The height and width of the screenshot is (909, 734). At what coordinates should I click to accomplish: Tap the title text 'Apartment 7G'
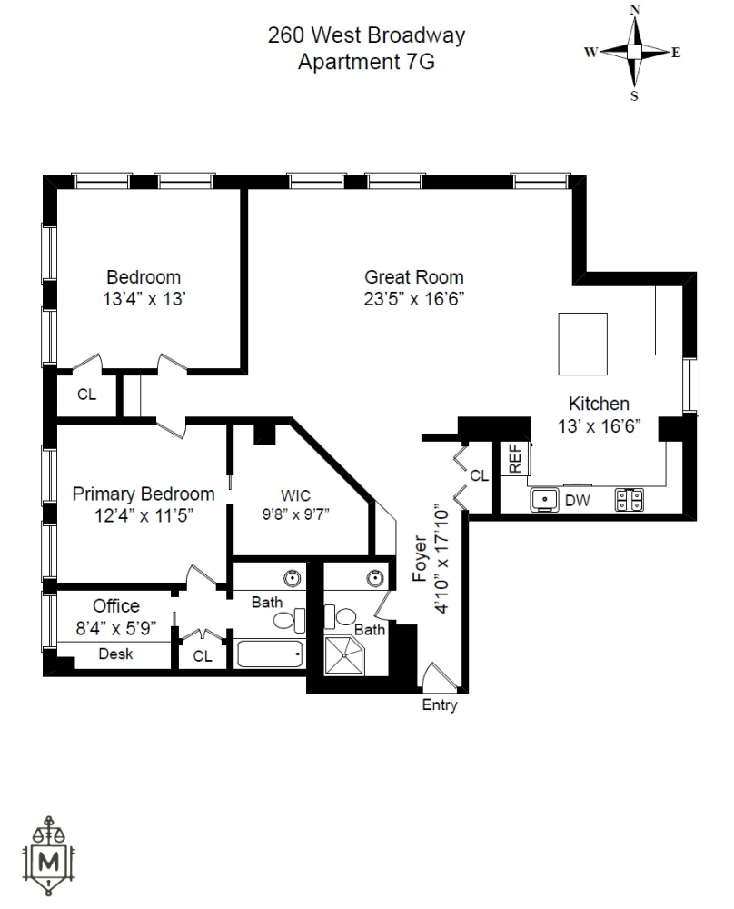click(x=366, y=62)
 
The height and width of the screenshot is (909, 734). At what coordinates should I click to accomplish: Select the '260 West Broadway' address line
click(x=366, y=36)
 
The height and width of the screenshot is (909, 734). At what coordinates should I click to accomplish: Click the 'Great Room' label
click(x=413, y=277)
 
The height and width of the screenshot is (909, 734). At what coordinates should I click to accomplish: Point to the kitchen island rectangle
click(x=581, y=345)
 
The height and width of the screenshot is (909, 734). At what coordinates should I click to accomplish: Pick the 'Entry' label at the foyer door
click(x=440, y=705)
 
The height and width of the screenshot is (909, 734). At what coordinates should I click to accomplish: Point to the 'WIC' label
click(x=295, y=495)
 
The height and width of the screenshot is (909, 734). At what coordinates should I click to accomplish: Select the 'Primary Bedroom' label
click(x=144, y=494)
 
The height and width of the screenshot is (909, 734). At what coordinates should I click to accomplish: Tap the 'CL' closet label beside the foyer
click(x=479, y=475)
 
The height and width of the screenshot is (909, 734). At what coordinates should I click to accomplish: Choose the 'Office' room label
click(x=116, y=606)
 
